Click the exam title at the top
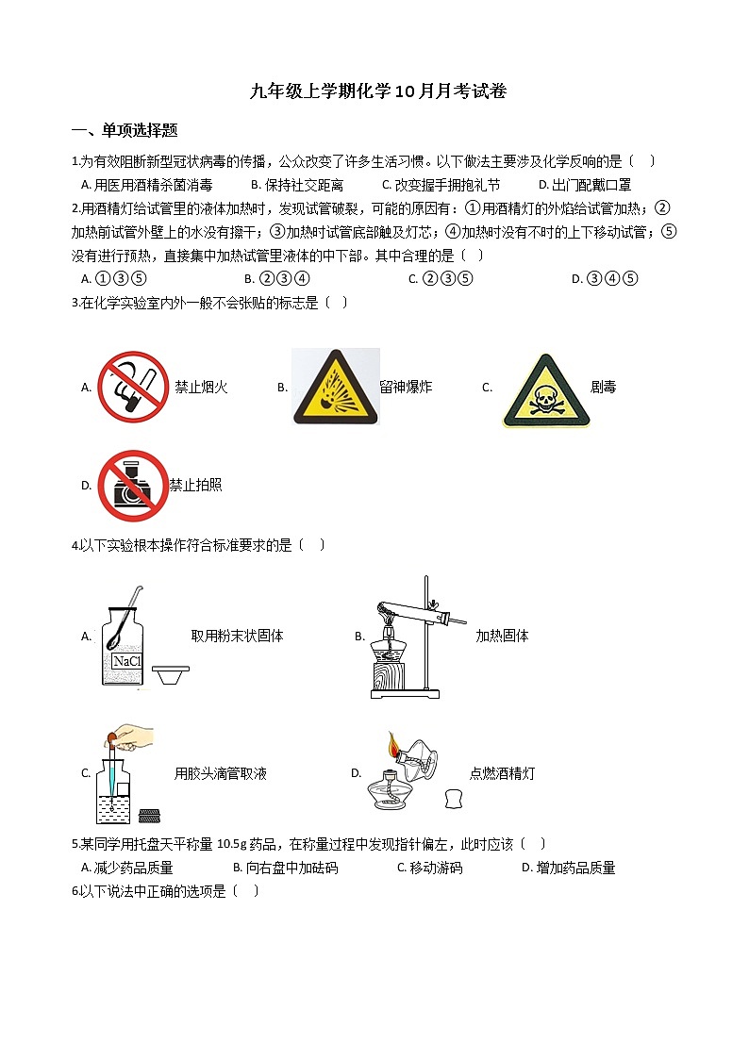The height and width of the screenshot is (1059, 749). [x=378, y=91]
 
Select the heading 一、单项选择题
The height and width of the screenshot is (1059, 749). [x=125, y=130]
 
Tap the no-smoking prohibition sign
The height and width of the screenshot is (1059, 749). [x=133, y=387]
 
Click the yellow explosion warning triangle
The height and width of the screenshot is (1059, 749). [x=335, y=386]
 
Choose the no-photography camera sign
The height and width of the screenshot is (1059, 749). [x=133, y=486]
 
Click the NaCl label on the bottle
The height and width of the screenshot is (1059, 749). [x=126, y=661]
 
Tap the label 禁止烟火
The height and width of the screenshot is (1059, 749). [x=201, y=388]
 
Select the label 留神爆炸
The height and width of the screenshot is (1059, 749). [x=406, y=387]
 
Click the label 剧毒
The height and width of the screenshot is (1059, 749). [x=603, y=387]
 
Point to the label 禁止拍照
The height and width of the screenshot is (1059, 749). [x=195, y=486]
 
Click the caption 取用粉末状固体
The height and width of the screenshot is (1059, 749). [x=237, y=637]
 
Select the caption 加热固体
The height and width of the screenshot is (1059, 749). [x=502, y=637]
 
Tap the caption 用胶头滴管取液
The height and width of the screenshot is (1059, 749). [x=220, y=774]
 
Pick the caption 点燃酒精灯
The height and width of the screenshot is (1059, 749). [x=502, y=774]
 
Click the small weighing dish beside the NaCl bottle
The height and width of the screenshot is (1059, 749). [x=171, y=675]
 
